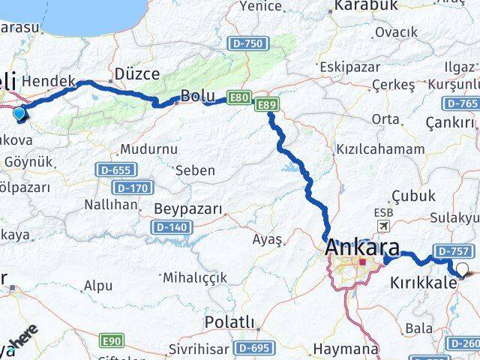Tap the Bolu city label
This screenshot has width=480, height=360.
click(197, 95)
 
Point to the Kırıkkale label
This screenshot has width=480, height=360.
click(423, 285)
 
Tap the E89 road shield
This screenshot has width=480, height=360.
click(265, 105)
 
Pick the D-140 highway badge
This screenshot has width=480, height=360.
click(170, 226)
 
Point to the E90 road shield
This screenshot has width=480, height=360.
click(112, 341)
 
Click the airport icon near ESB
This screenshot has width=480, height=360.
click(385, 226)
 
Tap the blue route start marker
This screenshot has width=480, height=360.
click(19, 114)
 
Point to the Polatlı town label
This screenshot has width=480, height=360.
click(229, 323)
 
